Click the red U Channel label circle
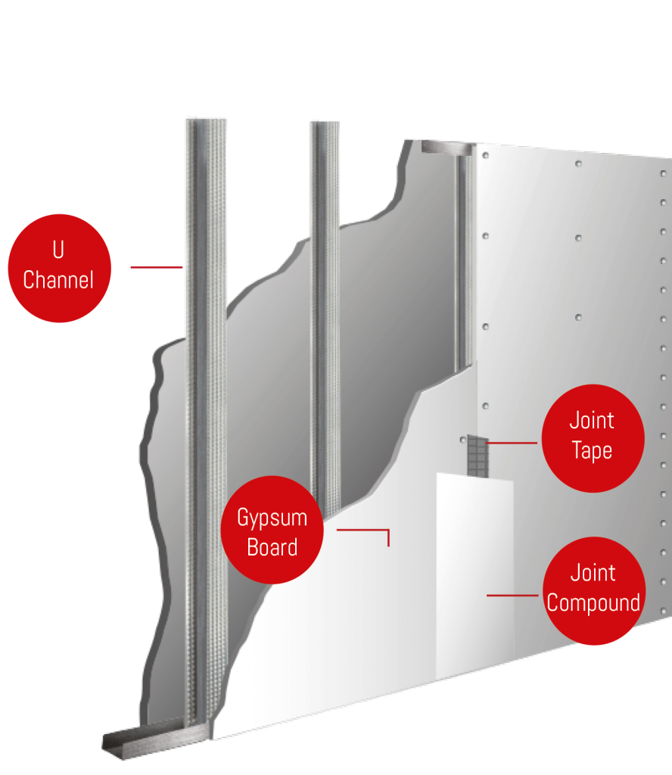coord(59,268)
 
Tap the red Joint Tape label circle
coord(593,437)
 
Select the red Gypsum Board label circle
coord(272,530)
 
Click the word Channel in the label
coord(58,280)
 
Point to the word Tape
coord(592,451)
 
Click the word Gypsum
coord(272,518)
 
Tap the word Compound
coord(593,603)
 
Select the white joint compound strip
coord(474,575)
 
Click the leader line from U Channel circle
coord(157,266)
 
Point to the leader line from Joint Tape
coord(512,442)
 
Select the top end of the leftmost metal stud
coord(205,121)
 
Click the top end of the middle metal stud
coord(324,123)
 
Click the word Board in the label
coord(272,546)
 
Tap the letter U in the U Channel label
coord(58,251)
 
